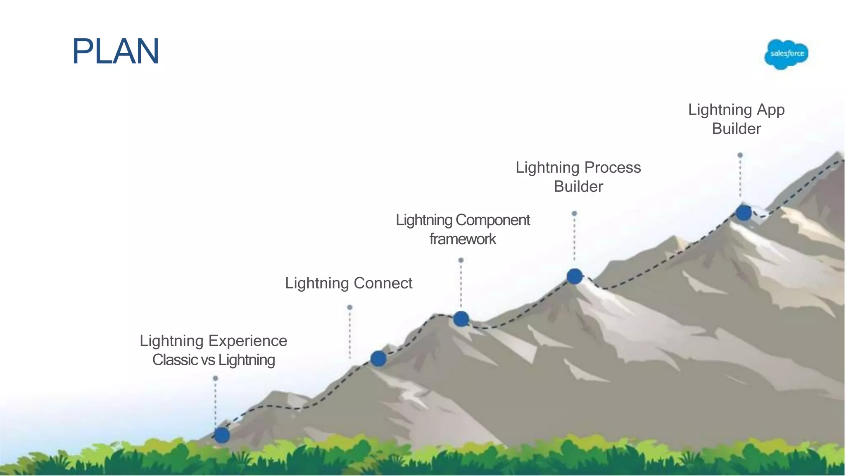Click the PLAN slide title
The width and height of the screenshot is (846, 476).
point(115,52)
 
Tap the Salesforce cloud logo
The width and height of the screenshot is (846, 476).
point(786,54)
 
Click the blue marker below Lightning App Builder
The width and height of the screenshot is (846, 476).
point(744,213)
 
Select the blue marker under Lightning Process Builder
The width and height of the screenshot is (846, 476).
point(574,276)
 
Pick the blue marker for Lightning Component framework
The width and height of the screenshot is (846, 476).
point(461,319)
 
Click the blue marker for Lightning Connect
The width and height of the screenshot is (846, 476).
point(378,358)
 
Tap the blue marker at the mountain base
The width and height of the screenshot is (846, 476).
point(222,435)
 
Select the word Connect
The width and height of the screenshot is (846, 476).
point(383,283)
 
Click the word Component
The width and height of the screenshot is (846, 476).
point(493,220)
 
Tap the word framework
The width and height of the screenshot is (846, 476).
point(462,239)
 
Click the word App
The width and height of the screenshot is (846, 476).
point(770,110)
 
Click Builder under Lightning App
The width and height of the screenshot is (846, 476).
point(736,129)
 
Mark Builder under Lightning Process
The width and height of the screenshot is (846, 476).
point(578,187)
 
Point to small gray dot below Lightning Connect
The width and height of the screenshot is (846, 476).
point(349,307)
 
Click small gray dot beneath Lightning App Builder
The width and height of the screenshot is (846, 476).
point(740,155)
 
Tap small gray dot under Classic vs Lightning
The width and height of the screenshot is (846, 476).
point(215,378)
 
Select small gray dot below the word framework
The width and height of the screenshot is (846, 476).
point(461,260)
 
